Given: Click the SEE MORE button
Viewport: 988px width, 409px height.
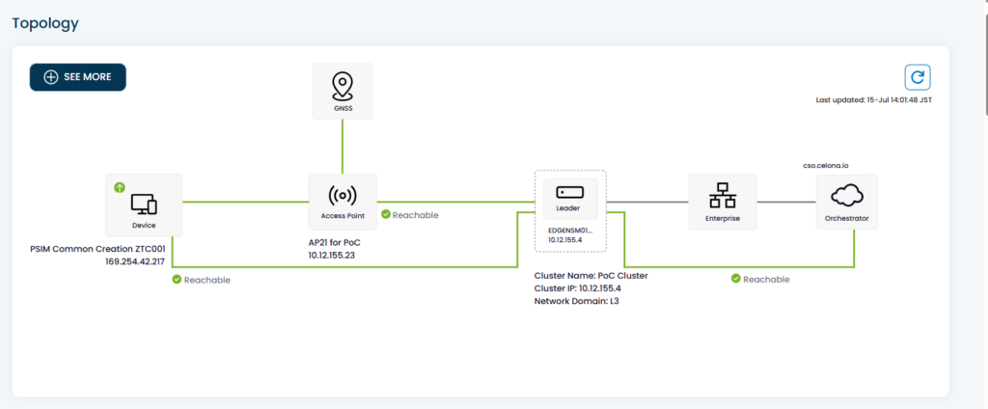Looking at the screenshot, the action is (77, 77).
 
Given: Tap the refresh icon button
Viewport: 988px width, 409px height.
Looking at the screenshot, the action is (918, 77).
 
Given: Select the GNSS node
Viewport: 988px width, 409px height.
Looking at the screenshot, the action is (343, 92).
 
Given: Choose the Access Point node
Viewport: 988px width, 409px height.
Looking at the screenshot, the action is (343, 202).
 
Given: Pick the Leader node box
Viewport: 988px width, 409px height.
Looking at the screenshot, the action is (570, 199).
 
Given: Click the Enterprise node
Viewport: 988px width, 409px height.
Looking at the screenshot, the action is (722, 202).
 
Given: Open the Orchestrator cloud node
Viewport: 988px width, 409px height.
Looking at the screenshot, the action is (846, 202).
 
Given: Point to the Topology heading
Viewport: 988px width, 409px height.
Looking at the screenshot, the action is (45, 24).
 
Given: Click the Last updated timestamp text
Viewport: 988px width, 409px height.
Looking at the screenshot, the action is (873, 100).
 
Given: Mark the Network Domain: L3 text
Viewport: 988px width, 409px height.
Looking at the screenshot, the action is (577, 301).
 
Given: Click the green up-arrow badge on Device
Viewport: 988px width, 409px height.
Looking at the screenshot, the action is (120, 187).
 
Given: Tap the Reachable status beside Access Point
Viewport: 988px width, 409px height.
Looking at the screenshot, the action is (409, 215).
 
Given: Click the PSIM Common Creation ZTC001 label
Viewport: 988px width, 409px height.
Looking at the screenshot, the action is (97, 249).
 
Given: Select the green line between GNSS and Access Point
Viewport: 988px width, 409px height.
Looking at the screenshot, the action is (343, 147).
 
